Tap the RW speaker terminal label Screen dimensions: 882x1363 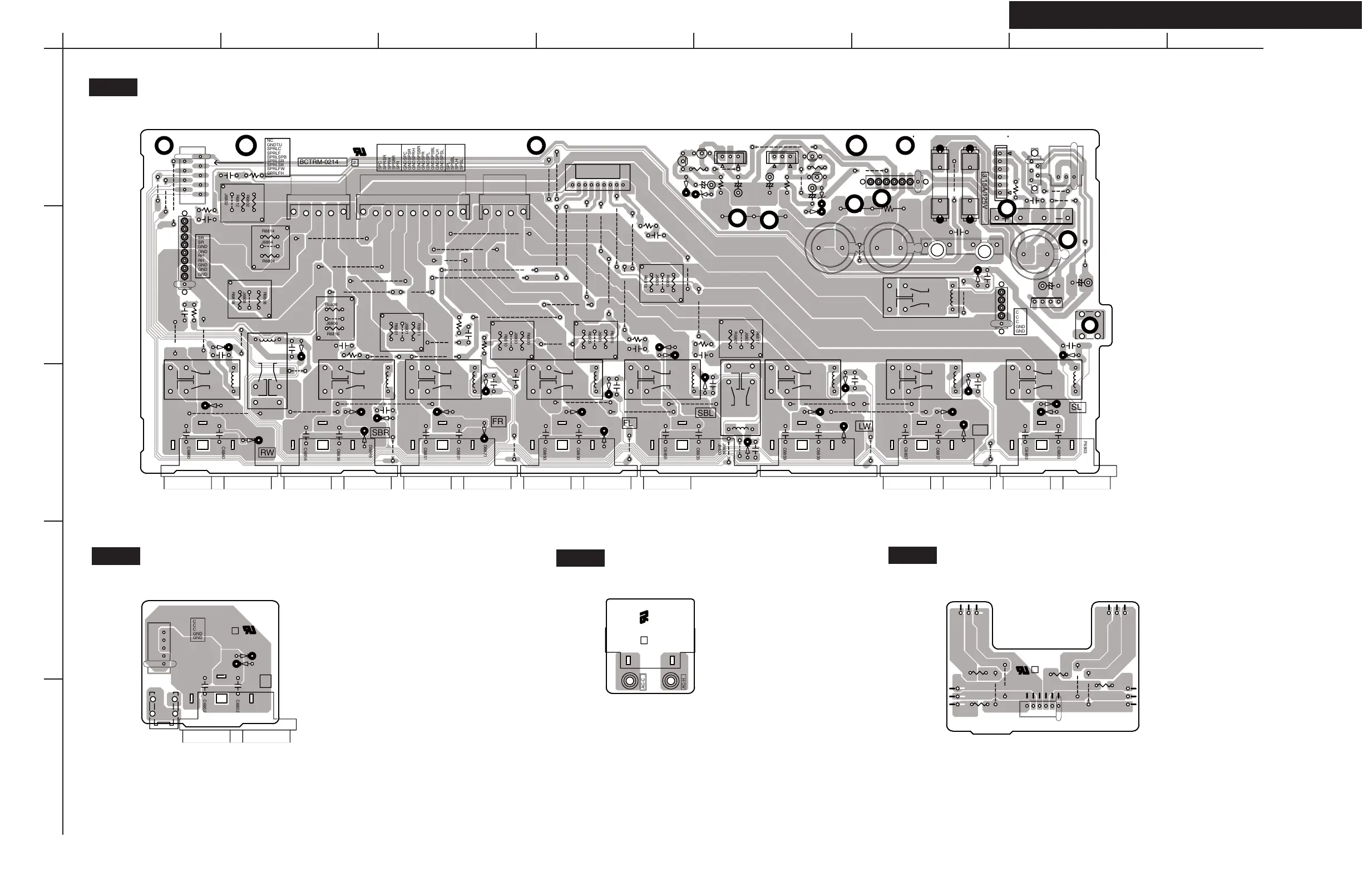(x=267, y=452)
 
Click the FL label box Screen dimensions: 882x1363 (x=629, y=423)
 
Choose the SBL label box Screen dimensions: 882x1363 (x=705, y=413)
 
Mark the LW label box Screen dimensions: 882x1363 (x=864, y=427)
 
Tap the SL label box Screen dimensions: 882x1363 (x=1076, y=407)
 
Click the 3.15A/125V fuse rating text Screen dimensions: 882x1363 (x=985, y=190)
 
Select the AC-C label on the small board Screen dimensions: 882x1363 (x=643, y=681)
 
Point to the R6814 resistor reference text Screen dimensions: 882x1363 (x=268, y=231)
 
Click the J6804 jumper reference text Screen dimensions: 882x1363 (x=267, y=242)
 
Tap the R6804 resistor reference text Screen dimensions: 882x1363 (x=268, y=261)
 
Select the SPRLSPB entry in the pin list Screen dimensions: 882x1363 (x=276, y=157)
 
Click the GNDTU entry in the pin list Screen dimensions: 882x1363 (x=274, y=145)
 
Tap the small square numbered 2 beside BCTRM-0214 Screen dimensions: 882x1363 (x=354, y=162)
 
